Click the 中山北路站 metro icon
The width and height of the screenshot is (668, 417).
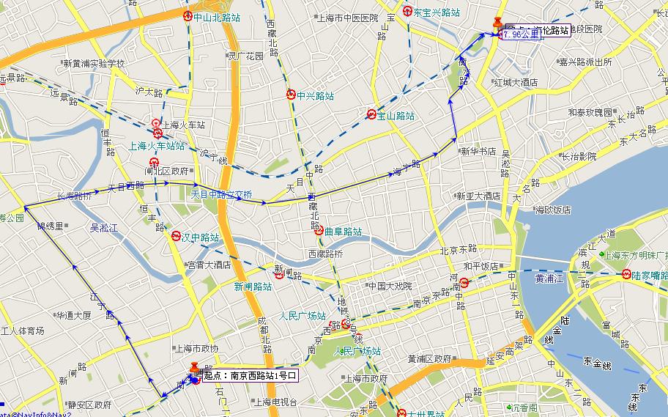point(188,16)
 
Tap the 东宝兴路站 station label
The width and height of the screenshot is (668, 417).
point(437,12)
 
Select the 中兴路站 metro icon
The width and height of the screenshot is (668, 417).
point(291,95)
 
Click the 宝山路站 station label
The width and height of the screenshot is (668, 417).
point(396,115)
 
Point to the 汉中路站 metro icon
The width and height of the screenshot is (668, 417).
point(176,237)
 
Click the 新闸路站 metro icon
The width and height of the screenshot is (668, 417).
point(279,276)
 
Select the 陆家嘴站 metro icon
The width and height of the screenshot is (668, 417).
point(626,275)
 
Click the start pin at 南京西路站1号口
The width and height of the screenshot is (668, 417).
point(194,369)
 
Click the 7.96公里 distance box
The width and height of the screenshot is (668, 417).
point(521,34)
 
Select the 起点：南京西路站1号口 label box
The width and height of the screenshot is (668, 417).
point(250,376)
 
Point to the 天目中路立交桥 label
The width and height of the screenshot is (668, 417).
point(221,195)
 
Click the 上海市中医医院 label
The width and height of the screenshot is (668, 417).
point(348,18)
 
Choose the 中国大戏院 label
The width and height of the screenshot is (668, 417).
point(390,286)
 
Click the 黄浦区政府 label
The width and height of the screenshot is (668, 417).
point(429,358)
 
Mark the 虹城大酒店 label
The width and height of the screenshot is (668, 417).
point(515,82)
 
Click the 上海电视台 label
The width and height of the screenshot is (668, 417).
point(275,402)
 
